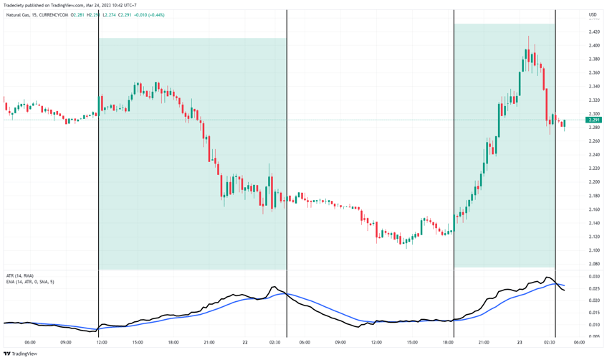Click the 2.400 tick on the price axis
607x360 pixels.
pyautogui.click(x=594, y=45)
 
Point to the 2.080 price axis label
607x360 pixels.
pyautogui.click(x=594, y=264)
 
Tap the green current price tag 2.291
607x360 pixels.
pyautogui.click(x=594, y=120)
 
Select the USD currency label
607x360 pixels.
pyautogui.click(x=593, y=14)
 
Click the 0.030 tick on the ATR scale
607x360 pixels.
pyautogui.click(x=594, y=276)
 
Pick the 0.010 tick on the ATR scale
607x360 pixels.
pyautogui.click(x=594, y=325)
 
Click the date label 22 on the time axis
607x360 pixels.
pyautogui.click(x=245, y=342)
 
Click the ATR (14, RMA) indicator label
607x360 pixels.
pyautogui.click(x=20, y=275)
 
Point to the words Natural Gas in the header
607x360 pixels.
pyautogui.click(x=18, y=14)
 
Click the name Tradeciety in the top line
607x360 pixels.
pyautogui.click(x=16, y=5)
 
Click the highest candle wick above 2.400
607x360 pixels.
pyautogui.click(x=529, y=37)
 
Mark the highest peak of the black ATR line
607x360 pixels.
pyautogui.click(x=548, y=278)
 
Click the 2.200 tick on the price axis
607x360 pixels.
pyautogui.click(x=594, y=168)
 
